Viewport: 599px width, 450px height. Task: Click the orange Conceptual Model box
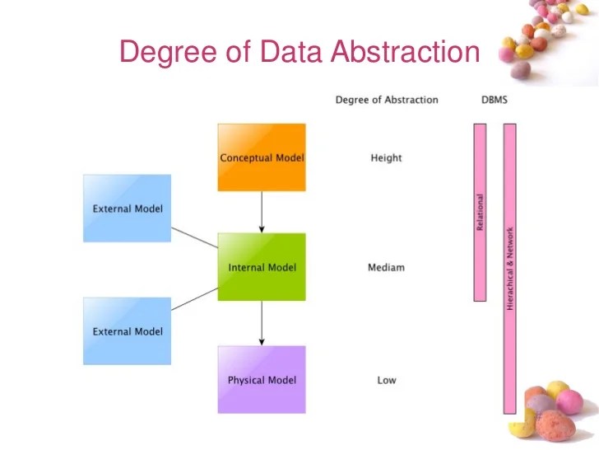click(x=262, y=157)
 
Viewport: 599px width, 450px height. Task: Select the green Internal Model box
click(x=262, y=267)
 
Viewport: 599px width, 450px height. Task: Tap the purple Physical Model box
click(x=262, y=380)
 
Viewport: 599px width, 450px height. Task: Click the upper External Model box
click(x=127, y=209)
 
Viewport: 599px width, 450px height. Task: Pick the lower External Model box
click(x=127, y=331)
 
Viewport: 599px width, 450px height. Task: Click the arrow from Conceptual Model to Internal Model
click(x=262, y=212)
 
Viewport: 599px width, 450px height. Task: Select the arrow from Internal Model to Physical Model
click(x=262, y=323)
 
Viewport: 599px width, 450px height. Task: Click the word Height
click(x=386, y=157)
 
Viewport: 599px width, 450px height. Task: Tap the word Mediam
click(x=386, y=268)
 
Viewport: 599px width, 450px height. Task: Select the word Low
click(x=386, y=380)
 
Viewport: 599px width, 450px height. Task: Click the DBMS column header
click(x=495, y=100)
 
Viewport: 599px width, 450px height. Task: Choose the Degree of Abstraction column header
click(x=387, y=100)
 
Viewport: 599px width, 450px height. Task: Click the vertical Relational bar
click(x=480, y=212)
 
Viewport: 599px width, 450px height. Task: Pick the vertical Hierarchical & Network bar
click(x=509, y=268)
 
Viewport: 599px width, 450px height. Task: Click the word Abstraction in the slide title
click(x=405, y=52)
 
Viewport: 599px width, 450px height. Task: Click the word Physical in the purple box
click(x=245, y=380)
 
